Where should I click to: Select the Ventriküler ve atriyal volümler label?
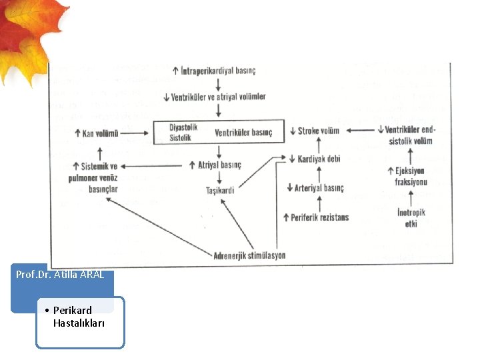[x=218, y=97]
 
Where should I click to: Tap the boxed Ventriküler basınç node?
[x=243, y=133]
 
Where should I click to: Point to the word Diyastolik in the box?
[x=183, y=127]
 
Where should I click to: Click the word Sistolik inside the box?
[x=180, y=138]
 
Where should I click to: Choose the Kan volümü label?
[x=100, y=133]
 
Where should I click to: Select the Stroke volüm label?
[x=318, y=131]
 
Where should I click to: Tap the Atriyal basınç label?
[x=219, y=165]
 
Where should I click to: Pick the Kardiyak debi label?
[x=319, y=159]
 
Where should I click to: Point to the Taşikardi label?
[x=220, y=191]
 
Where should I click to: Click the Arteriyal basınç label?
[x=318, y=188]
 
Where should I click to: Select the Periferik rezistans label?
[x=319, y=217]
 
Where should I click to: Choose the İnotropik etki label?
[x=411, y=218]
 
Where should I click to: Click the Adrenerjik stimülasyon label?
[x=249, y=255]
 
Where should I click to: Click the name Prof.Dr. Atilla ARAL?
[x=61, y=275]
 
